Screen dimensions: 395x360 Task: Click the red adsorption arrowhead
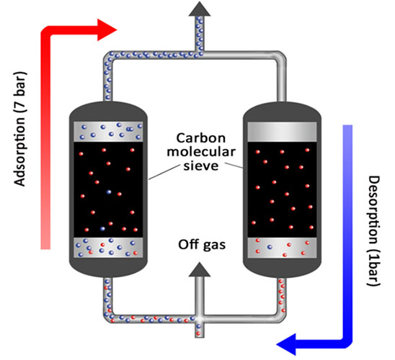pyautogui.click(x=107, y=30)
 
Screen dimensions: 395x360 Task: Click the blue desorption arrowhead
pyautogui.click(x=286, y=344)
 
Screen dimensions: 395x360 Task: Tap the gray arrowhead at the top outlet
pyautogui.click(x=200, y=9)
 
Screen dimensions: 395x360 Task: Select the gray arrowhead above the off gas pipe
pyautogui.click(x=200, y=269)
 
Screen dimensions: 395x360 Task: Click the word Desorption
pyautogui.click(x=374, y=210)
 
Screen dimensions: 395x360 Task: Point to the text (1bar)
pyautogui.click(x=374, y=266)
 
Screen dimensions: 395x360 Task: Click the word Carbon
pyautogui.click(x=201, y=138)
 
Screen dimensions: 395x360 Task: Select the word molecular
pyautogui.click(x=201, y=152)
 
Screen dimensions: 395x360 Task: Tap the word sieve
pyautogui.click(x=201, y=166)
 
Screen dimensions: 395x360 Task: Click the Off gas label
pyautogui.click(x=202, y=245)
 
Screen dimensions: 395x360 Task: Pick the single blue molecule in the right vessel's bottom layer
pyautogui.click(x=270, y=247)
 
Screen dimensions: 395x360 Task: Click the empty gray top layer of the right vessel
pyautogui.click(x=282, y=132)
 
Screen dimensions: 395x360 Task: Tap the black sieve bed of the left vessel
pyautogui.click(x=108, y=189)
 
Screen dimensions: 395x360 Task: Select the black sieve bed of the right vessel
pyautogui.click(x=282, y=189)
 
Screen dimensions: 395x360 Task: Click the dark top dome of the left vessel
pyautogui.click(x=108, y=110)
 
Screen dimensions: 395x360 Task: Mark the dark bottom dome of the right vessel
pyautogui.click(x=282, y=268)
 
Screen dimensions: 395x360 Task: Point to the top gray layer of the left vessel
pyautogui.click(x=108, y=132)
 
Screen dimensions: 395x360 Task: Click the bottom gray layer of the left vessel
pyautogui.click(x=108, y=248)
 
